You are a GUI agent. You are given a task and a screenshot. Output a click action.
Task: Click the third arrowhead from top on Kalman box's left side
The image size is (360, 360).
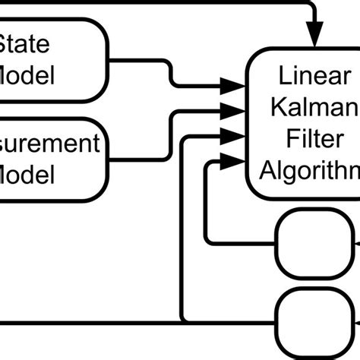[230, 134]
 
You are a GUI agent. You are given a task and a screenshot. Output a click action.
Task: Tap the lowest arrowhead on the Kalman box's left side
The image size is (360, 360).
[230, 159]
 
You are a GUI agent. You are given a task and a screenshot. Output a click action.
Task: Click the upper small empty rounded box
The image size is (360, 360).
[302, 245]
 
